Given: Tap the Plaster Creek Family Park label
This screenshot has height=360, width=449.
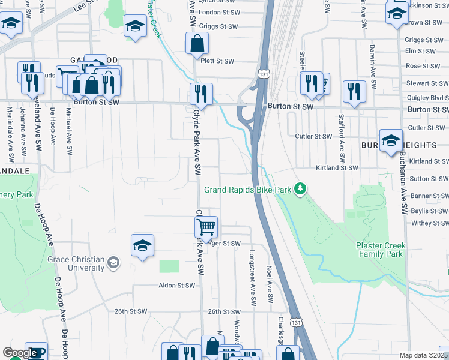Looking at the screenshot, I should (x=381, y=250).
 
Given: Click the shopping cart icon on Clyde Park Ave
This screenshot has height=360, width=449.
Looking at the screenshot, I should (x=206, y=227).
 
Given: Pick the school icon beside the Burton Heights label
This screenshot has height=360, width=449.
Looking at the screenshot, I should (x=391, y=140).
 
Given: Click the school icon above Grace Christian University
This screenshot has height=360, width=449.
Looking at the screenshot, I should (x=142, y=245).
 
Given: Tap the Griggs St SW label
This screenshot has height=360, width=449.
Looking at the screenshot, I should (x=219, y=26).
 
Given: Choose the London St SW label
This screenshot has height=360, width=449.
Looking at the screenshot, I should (x=219, y=12).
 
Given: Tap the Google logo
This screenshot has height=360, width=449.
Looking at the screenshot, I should (x=20, y=353).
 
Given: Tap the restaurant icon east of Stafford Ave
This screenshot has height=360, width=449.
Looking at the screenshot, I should (x=354, y=91).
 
